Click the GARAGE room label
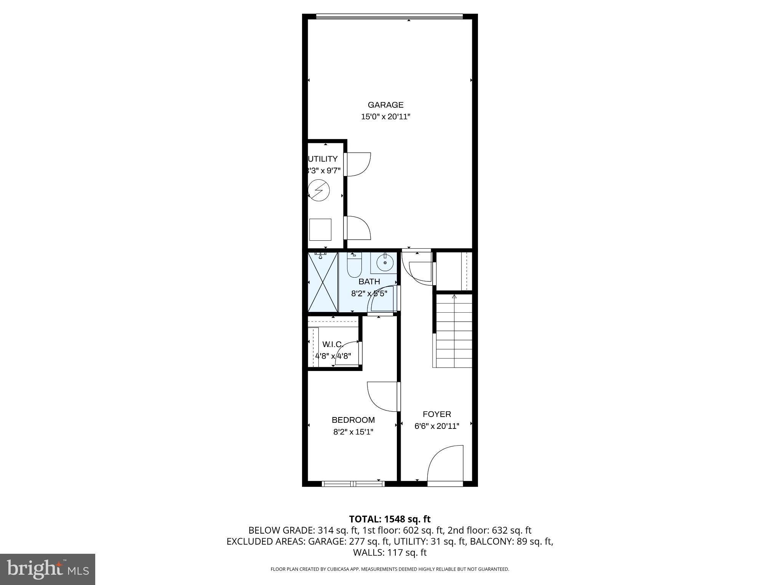385,105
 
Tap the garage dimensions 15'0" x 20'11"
385,117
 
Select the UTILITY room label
323,159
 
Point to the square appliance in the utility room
320,230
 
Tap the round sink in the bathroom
385,262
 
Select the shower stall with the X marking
323,282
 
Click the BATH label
369,281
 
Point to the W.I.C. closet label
332,344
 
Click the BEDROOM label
353,420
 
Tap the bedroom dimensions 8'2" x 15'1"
353,432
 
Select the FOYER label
436,414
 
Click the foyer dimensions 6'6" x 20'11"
436,426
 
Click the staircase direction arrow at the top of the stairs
454,297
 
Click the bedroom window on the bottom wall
353,484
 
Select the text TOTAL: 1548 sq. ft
390,519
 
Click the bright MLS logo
48,569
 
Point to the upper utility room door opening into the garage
358,164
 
